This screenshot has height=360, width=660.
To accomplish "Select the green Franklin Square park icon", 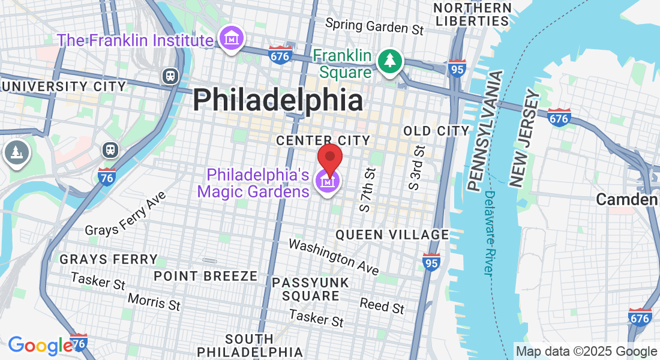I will [390, 61].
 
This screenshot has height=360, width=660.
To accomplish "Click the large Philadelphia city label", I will [278, 100].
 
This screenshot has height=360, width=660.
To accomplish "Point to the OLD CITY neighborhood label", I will [436, 131].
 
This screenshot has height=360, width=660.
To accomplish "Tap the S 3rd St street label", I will [416, 167].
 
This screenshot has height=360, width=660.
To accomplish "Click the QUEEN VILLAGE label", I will [392, 235].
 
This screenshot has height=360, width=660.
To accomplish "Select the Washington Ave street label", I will [334, 257].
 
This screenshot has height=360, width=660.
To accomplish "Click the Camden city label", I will [627, 200].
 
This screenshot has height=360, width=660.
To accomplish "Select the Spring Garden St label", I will [375, 26].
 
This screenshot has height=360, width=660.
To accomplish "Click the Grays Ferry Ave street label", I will [125, 214].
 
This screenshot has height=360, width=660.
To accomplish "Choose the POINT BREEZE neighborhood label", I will [206, 276].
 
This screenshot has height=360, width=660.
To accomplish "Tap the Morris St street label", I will [154, 301].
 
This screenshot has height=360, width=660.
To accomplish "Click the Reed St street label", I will [382, 305].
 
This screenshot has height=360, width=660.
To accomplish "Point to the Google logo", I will [40, 345].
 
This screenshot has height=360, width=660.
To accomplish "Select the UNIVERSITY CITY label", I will [63, 86].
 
